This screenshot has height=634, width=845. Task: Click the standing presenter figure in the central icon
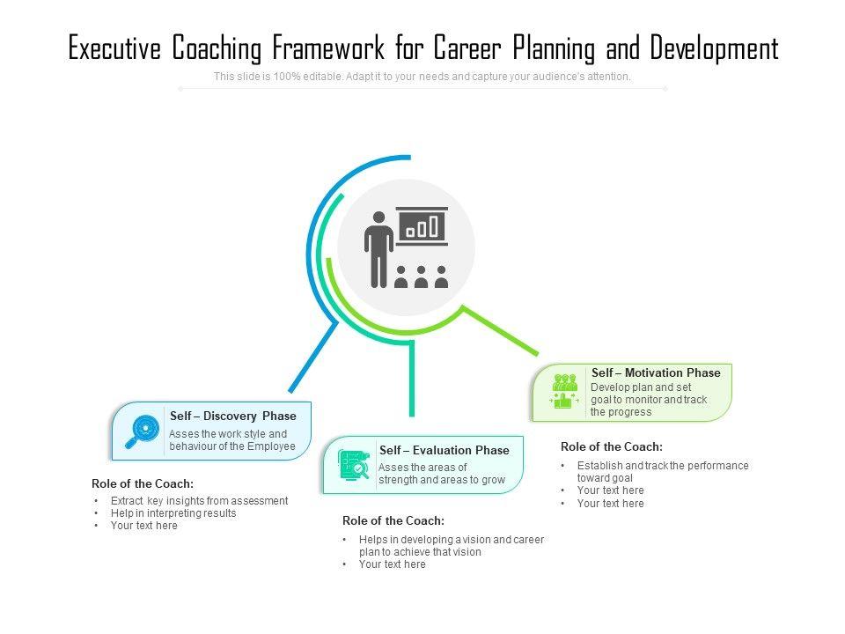click(379, 248)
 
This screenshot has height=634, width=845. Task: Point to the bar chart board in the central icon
click(422, 226)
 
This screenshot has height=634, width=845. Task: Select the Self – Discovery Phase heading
click(233, 416)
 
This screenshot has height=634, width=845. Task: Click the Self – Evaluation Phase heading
click(444, 450)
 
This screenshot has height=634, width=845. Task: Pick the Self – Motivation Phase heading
click(656, 372)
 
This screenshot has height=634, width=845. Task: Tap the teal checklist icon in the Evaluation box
click(354, 464)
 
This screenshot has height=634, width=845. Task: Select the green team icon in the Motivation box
click(564, 391)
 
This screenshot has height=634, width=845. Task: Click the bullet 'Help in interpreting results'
click(173, 513)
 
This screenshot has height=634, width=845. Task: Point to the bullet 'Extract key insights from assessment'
click(199, 500)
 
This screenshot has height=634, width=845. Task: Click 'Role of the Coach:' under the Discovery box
click(143, 483)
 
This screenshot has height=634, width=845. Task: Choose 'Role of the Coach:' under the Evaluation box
click(393, 520)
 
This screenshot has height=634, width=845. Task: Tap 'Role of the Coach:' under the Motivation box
click(612, 446)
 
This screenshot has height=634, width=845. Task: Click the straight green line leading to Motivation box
click(500, 330)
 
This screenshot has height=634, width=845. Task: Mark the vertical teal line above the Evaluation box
click(411, 379)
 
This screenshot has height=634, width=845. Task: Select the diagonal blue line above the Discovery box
click(312, 357)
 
